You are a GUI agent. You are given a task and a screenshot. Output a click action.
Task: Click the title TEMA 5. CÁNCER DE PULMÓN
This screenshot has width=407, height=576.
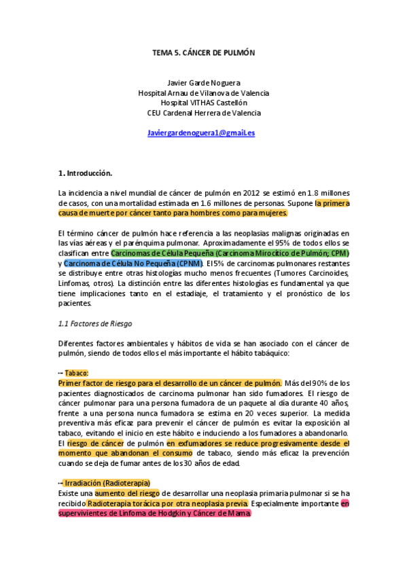click(203, 52)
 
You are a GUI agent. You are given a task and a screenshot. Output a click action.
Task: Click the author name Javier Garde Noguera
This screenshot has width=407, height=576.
click(203, 83)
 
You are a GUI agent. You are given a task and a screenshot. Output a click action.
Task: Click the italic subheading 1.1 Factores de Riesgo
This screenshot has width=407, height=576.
click(95, 323)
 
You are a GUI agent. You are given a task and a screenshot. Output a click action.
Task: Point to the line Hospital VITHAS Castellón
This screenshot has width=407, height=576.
click(203, 103)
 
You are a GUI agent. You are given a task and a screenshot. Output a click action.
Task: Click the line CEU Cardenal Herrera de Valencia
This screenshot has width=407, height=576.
click(203, 113)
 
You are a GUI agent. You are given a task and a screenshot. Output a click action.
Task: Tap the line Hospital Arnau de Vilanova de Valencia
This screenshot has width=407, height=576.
click(203, 93)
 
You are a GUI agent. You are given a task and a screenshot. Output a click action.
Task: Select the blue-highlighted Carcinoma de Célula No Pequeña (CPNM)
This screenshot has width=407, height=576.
click(134, 263)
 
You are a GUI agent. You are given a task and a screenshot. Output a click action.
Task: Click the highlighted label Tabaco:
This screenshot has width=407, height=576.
click(77, 373)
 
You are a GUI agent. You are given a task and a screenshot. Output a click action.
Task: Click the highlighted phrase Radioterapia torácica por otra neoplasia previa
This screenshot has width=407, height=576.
click(168, 503)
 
